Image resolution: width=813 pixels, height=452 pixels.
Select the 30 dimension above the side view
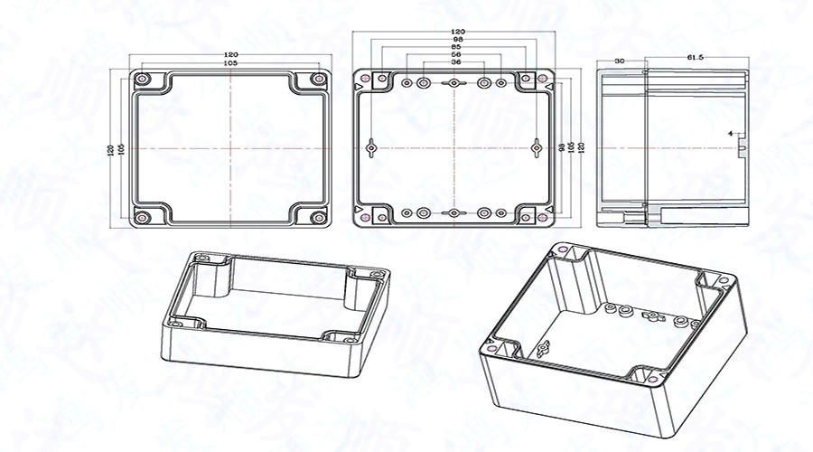click(x=620, y=60)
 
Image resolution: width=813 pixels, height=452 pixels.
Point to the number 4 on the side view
click(x=730, y=134)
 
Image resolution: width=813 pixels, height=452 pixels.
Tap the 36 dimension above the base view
click(x=455, y=62)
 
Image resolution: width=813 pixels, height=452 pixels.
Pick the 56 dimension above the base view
click(x=455, y=54)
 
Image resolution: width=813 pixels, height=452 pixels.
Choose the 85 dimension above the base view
click(x=455, y=47)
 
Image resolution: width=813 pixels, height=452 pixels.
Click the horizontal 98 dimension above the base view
click(x=455, y=40)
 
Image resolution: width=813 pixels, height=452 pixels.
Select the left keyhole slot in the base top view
click(x=371, y=146)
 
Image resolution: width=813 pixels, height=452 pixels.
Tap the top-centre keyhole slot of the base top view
click(x=454, y=83)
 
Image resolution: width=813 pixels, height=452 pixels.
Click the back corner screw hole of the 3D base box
click(x=565, y=249)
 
